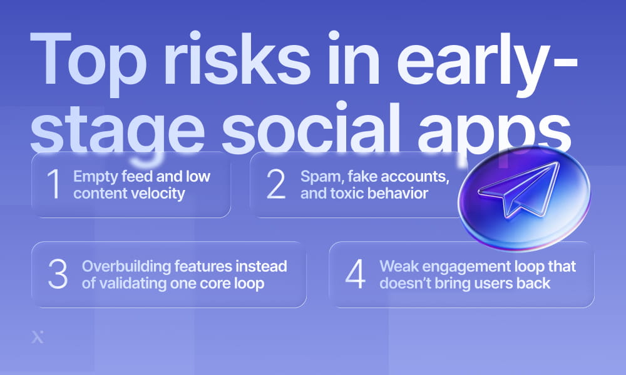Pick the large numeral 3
[58, 274]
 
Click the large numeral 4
[355, 274]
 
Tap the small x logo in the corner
[37, 337]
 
